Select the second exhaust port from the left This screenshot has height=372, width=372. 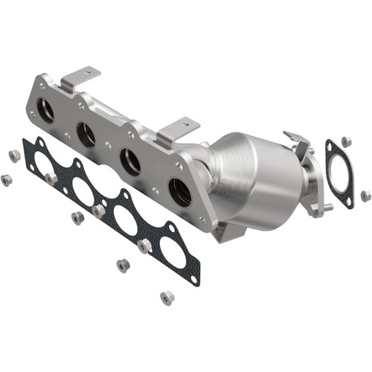[86, 135]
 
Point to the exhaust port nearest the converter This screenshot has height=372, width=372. [181, 193]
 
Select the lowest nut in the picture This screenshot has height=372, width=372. [167, 298]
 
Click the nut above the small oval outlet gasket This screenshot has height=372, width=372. [346, 141]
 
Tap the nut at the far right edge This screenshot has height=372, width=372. [365, 196]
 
